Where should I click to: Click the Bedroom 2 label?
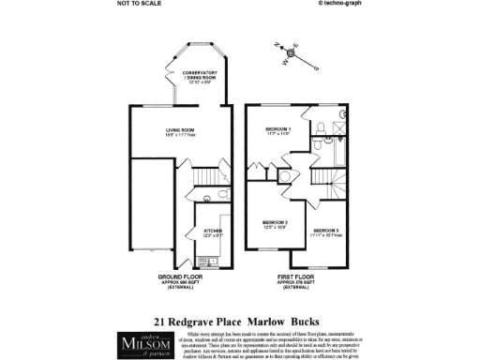(274, 224)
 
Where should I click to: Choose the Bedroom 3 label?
(326, 232)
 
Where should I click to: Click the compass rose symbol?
(291, 53)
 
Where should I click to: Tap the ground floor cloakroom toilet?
(207, 197)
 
